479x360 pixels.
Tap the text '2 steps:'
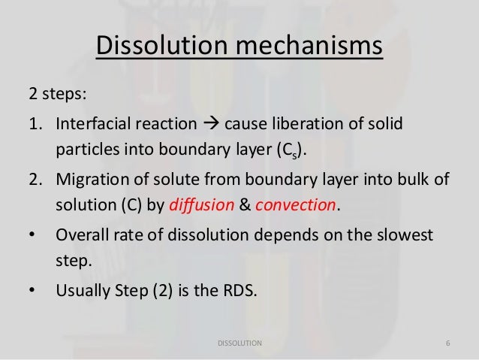(57, 96)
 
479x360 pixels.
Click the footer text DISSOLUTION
(239, 343)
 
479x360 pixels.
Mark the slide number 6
(447, 343)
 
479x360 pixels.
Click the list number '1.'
(35, 123)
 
